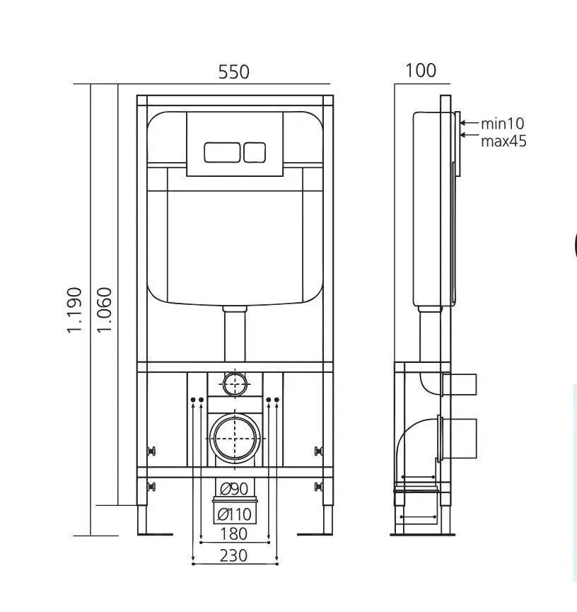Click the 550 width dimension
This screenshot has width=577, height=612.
[233, 72]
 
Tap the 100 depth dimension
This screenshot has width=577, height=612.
[421, 71]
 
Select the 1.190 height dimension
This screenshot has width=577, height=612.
[74, 310]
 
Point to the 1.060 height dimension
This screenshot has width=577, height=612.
[104, 310]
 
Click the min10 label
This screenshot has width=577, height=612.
[502, 123]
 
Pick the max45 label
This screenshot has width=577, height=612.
[503, 141]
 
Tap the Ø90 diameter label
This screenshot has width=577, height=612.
[233, 488]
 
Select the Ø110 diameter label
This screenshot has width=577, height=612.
[235, 514]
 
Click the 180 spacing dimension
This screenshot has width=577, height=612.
[233, 533]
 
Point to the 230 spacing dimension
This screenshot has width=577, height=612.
[233, 555]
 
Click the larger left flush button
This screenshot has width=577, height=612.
[222, 152]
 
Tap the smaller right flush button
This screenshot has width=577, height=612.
[255, 152]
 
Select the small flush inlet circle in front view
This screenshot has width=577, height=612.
[235, 374]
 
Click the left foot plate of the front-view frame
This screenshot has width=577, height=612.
[155, 533]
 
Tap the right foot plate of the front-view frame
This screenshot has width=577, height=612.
[315, 533]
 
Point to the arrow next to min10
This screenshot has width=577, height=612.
[469, 122]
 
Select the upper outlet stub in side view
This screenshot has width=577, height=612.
[459, 384]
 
